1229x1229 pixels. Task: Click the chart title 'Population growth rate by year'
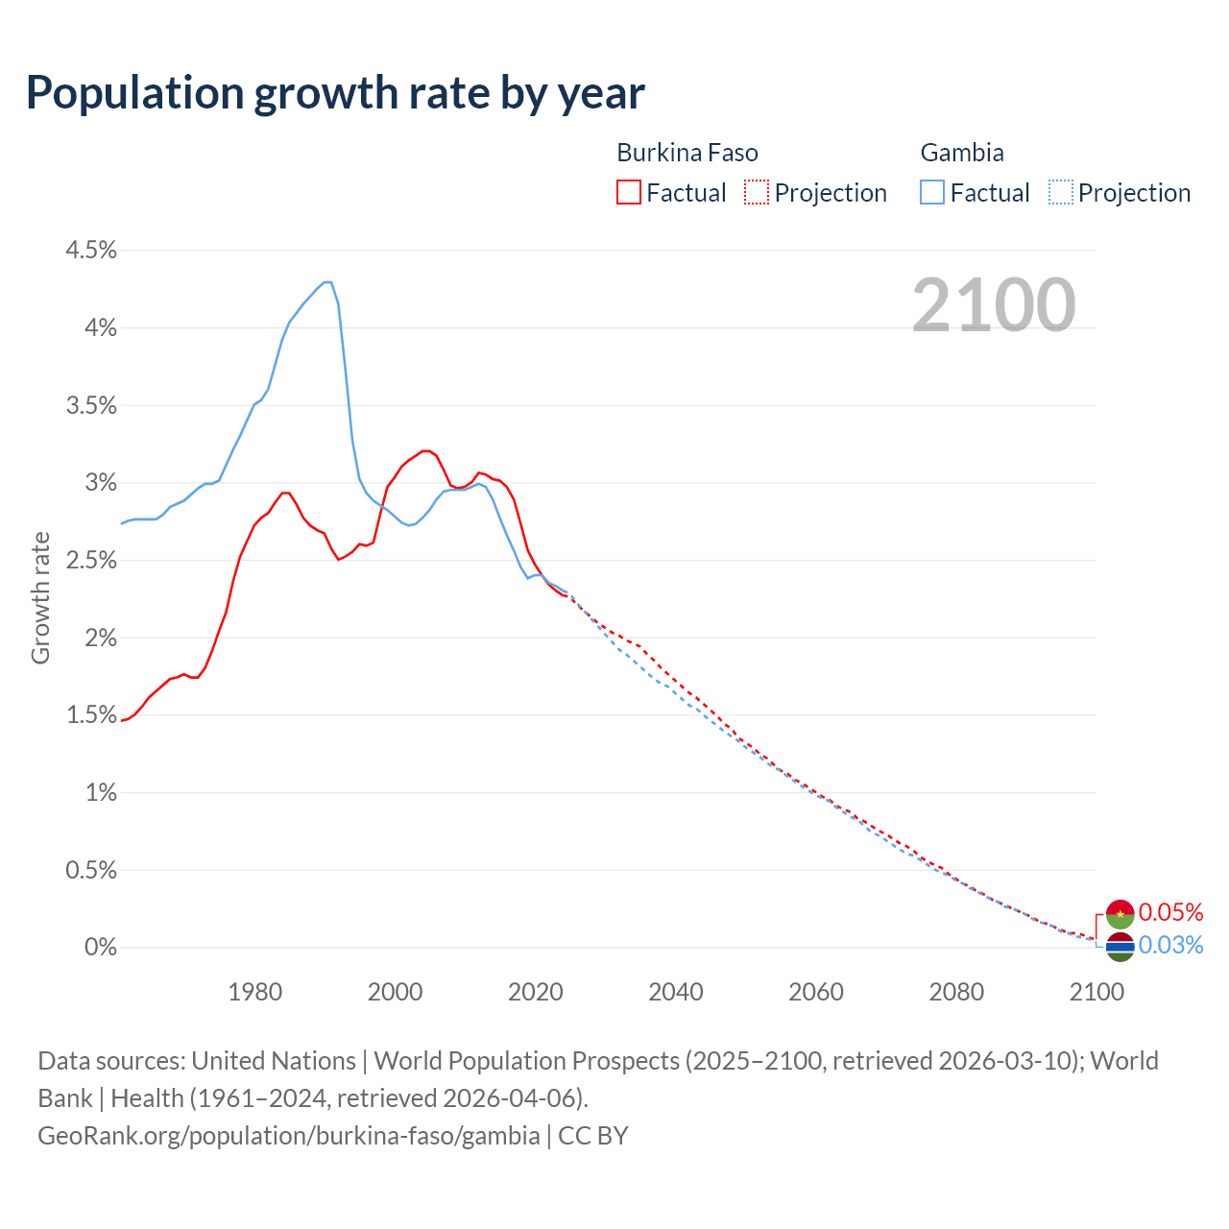click(x=335, y=93)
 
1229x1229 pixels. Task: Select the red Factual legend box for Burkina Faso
click(x=629, y=192)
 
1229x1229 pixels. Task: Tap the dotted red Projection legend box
click(x=757, y=192)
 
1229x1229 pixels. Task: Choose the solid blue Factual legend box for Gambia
click(x=932, y=192)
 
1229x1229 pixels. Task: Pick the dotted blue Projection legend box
click(x=1060, y=192)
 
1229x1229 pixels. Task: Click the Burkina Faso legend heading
click(x=687, y=153)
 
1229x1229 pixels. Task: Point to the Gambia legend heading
click(x=962, y=153)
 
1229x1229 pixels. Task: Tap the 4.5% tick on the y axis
click(x=91, y=251)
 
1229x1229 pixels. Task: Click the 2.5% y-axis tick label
click(x=91, y=561)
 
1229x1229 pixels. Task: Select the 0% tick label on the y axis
click(x=101, y=948)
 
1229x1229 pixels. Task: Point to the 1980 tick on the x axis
click(x=254, y=992)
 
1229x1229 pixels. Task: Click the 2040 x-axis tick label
click(x=676, y=992)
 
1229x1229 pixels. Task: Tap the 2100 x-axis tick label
click(x=1096, y=992)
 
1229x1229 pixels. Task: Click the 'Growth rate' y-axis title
click(x=40, y=597)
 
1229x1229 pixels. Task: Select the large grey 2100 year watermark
click(x=994, y=305)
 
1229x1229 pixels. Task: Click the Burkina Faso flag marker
click(x=1120, y=914)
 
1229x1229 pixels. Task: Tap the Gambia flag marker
click(x=1120, y=947)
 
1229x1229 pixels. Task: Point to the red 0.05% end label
click(x=1170, y=912)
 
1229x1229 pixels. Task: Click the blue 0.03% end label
click(x=1170, y=946)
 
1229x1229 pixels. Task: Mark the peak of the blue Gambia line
click(x=327, y=282)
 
